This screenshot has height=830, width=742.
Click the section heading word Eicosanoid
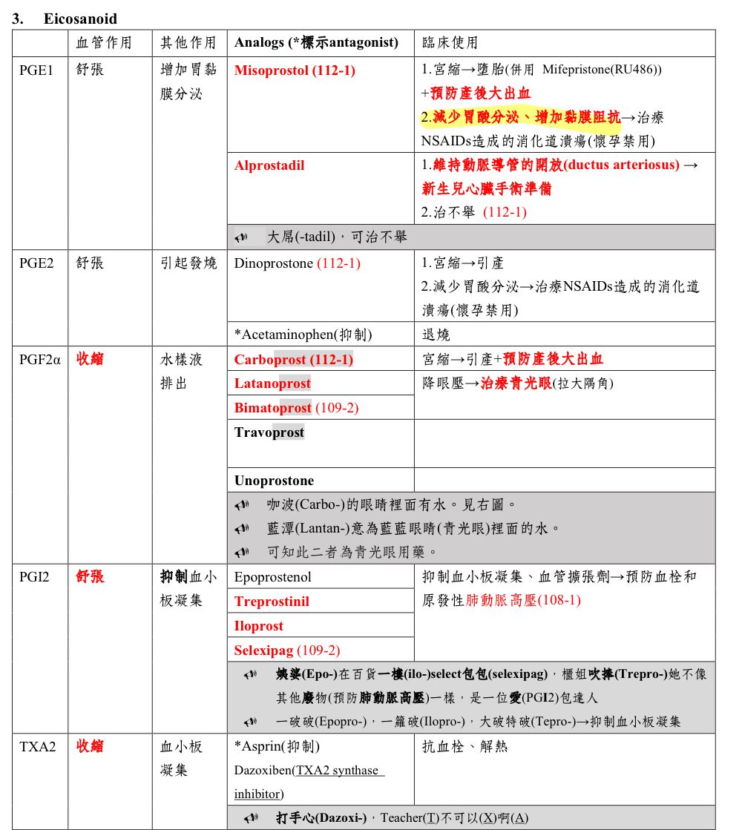[80, 19]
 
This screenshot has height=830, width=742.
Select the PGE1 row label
[36, 70]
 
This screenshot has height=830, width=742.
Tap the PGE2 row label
[36, 263]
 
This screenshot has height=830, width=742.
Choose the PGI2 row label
[35, 577]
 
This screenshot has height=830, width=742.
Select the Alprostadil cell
[269, 165]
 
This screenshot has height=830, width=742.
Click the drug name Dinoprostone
[273, 263]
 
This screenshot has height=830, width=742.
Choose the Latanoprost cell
[272, 383]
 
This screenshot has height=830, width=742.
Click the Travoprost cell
[269, 432]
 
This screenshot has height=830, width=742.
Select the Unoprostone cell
[274, 481]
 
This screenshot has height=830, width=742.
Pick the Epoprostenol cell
[272, 577]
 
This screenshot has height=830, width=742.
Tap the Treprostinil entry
[272, 602]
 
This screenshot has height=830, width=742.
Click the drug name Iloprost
[258, 626]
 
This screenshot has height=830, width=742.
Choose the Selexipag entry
[263, 651]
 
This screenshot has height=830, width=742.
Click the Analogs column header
[316, 43]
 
